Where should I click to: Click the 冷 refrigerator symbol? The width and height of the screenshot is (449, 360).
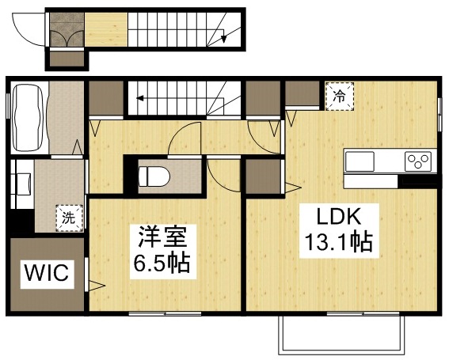339,97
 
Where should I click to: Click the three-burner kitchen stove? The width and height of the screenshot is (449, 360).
417,161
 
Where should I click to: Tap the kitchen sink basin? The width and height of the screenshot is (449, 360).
360,161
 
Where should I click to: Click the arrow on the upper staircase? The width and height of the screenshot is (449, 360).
225,35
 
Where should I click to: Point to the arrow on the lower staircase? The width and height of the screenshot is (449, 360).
140,99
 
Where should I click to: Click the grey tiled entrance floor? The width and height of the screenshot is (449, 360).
66,31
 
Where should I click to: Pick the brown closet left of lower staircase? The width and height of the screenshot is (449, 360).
105,98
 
